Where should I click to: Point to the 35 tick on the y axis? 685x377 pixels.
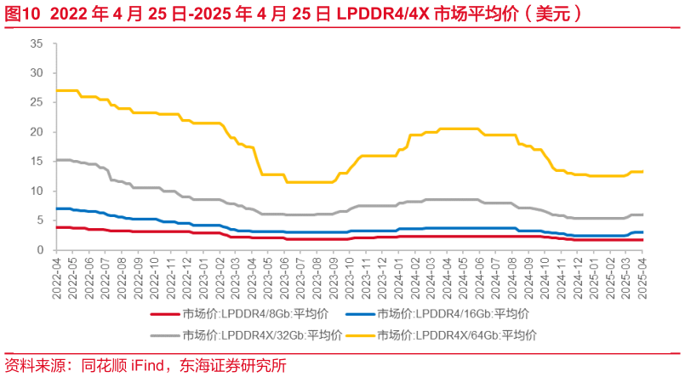pyautogui.click(x=36, y=43)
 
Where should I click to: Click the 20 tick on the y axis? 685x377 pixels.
pyautogui.click(x=36, y=132)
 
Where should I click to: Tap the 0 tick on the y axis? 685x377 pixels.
pyautogui.click(x=39, y=250)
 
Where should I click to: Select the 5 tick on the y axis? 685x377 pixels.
pyautogui.click(x=39, y=220)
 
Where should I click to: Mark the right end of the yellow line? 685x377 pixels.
pyautogui.click(x=642, y=172)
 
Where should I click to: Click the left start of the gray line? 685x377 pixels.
pyautogui.click(x=56, y=160)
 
